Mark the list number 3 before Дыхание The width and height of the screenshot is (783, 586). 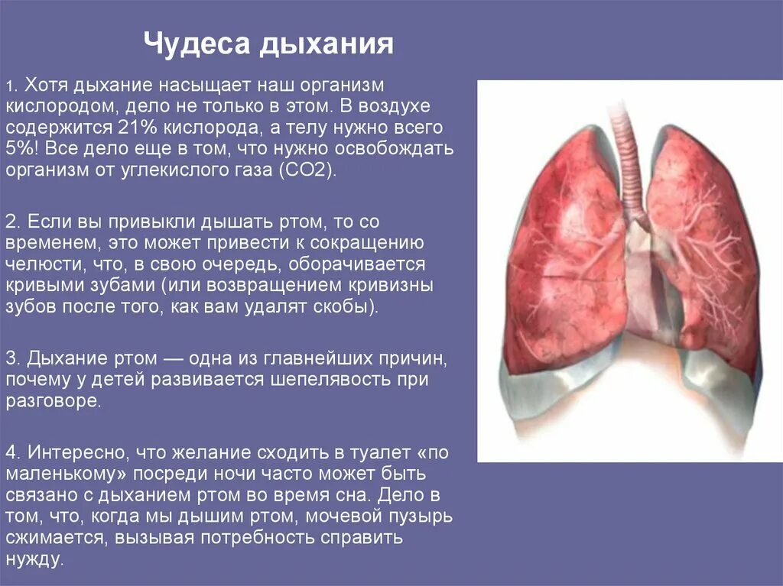click(10, 358)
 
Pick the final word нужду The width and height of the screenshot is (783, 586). click(33, 559)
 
